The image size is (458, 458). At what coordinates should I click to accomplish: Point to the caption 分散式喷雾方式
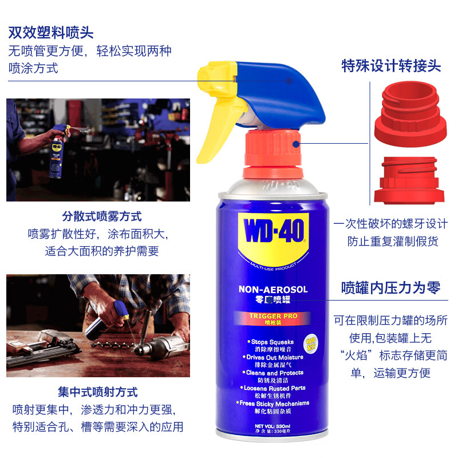102,217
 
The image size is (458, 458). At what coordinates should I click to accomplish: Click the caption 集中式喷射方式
98,393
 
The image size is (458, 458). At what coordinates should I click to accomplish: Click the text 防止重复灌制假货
392,242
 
